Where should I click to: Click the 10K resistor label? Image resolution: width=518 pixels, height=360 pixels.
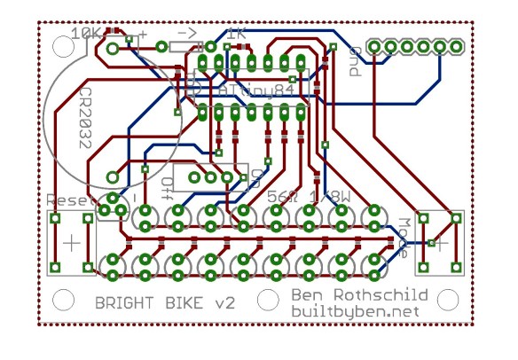[x=87, y=34]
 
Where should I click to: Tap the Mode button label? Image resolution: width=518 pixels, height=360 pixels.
[x=404, y=237]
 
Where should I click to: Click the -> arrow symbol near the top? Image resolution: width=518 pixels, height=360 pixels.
[x=187, y=33]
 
